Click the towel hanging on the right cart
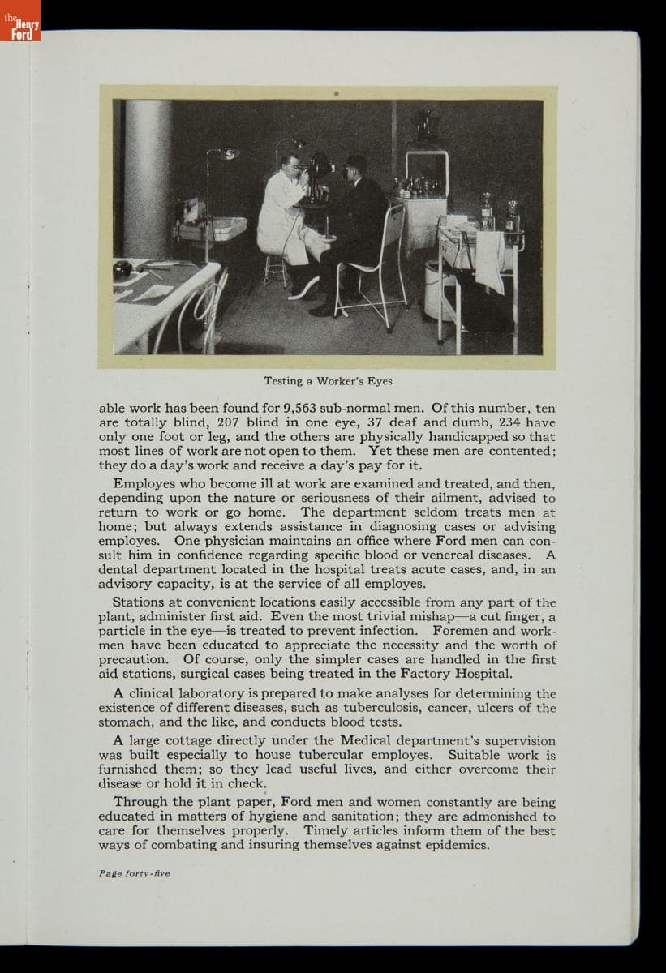pyautogui.click(x=489, y=259)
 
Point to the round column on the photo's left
pyautogui.click(x=148, y=178)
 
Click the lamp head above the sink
pyautogui.click(x=226, y=153)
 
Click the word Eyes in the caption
pyautogui.click(x=379, y=380)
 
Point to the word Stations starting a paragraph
pyautogui.click(x=140, y=602)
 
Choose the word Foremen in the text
pyautogui.click(x=462, y=630)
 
